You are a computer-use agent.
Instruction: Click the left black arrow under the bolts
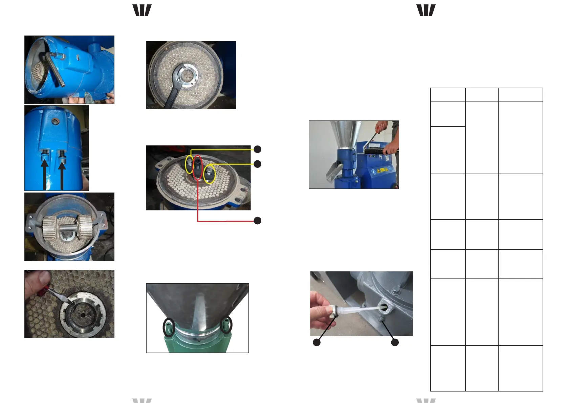pyautogui.click(x=45, y=174)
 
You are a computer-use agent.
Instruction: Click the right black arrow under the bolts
pyautogui.click(x=62, y=174)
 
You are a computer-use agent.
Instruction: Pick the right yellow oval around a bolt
pyautogui.click(x=210, y=174)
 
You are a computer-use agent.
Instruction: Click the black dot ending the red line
pyautogui.click(x=258, y=221)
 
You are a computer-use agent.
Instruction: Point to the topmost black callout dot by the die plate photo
pyautogui.click(x=258, y=149)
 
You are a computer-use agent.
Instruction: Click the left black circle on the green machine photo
pyautogui.click(x=169, y=326)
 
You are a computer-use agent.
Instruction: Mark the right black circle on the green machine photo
pyautogui.click(x=226, y=324)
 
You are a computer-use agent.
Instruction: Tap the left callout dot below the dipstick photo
pyautogui.click(x=316, y=342)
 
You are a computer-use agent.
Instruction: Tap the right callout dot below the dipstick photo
pyautogui.click(x=395, y=342)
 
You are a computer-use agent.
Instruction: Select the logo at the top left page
pyautogui.click(x=142, y=10)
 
